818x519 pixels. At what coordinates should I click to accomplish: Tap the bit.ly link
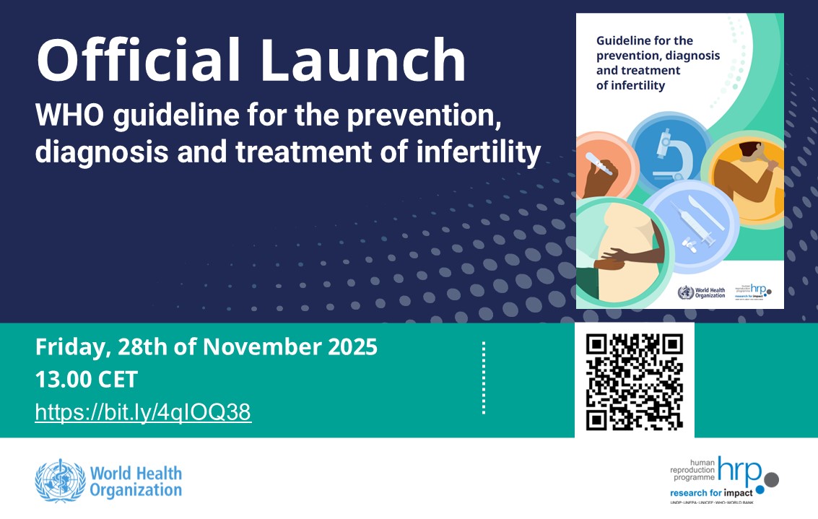pyautogui.click(x=143, y=412)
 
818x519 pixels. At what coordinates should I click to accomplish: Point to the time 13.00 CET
pyautogui.click(x=86, y=380)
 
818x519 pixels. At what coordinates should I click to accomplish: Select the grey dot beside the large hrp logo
pyautogui.click(x=771, y=479)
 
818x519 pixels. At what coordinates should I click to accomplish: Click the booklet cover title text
pyautogui.click(x=653, y=63)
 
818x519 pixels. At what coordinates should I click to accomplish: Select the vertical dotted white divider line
pyautogui.click(x=483, y=378)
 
